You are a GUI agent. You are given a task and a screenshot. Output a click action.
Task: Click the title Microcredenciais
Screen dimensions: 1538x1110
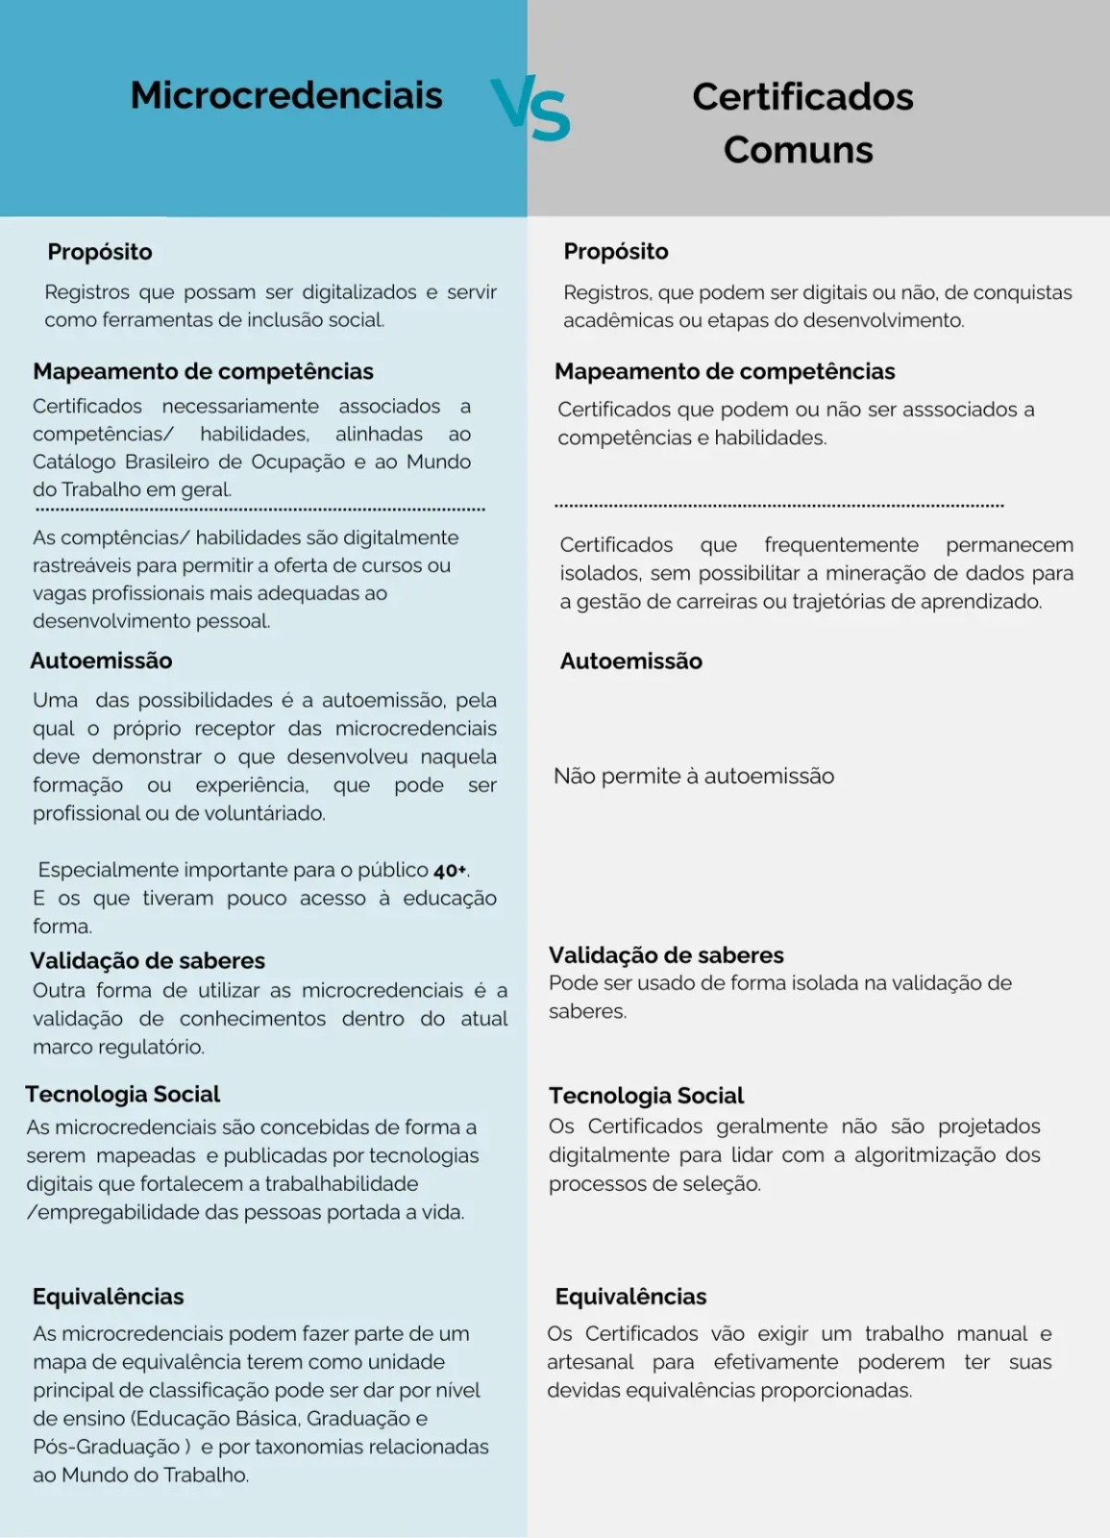click(286, 95)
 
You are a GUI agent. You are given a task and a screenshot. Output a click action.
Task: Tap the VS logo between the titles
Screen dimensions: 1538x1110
click(530, 110)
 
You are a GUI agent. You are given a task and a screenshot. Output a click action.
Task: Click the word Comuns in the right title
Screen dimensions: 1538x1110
click(798, 150)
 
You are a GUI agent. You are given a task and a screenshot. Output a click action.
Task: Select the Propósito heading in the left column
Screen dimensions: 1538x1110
click(100, 252)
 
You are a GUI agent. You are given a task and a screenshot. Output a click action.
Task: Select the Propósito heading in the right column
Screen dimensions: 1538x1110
click(616, 251)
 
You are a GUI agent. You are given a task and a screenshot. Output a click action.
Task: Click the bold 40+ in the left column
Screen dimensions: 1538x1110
click(450, 871)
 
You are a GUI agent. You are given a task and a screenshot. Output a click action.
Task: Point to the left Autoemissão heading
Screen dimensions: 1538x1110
click(101, 660)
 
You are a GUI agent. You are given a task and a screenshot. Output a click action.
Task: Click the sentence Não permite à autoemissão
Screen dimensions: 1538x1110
click(694, 776)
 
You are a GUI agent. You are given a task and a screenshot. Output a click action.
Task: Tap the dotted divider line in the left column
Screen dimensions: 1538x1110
click(259, 509)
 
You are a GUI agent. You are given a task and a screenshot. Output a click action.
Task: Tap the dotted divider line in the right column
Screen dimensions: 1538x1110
click(778, 505)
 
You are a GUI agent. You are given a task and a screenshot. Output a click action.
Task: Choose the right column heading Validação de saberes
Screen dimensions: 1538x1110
click(666, 955)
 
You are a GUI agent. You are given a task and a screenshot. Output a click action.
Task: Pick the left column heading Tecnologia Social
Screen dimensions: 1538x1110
click(123, 1094)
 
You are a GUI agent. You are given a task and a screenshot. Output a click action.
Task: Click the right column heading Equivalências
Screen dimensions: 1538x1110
click(630, 1296)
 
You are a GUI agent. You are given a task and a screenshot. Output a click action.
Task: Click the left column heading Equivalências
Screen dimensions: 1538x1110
click(109, 1296)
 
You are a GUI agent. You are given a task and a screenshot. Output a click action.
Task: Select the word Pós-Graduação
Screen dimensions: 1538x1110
click(106, 1447)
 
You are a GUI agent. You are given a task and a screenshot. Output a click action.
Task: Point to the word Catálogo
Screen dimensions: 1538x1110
click(74, 461)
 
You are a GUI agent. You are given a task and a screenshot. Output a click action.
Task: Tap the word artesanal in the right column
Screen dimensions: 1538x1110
click(590, 1362)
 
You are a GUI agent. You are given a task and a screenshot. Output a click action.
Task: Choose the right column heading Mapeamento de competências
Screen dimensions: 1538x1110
click(725, 371)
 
